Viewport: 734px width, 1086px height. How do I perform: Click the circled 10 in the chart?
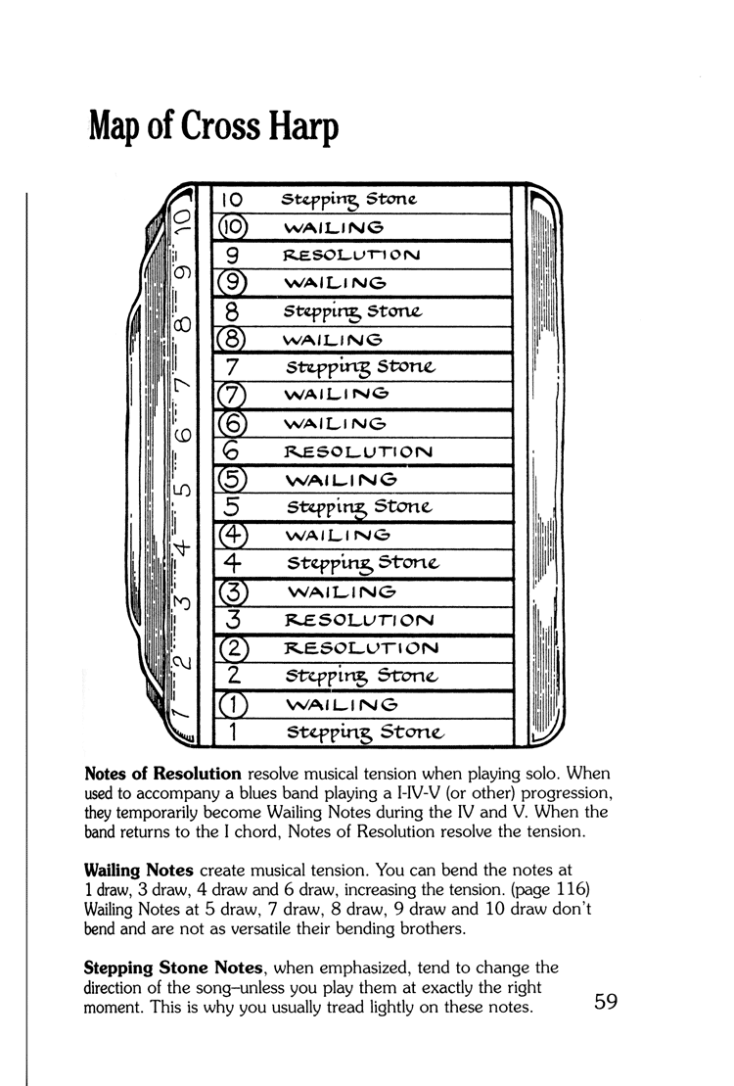click(233, 227)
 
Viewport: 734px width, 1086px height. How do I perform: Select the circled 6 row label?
click(233, 424)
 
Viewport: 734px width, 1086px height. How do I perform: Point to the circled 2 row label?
click(233, 648)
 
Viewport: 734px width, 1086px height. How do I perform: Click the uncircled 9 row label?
click(233, 255)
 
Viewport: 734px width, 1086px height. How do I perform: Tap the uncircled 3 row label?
click(233, 620)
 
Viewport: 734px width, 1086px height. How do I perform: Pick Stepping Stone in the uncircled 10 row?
click(348, 200)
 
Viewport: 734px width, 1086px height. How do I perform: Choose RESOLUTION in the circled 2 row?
click(360, 648)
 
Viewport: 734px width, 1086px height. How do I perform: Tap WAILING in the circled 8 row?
click(331, 340)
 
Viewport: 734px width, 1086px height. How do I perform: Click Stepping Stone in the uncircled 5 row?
click(357, 508)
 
